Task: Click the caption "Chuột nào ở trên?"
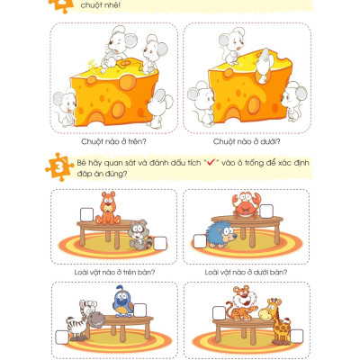113,140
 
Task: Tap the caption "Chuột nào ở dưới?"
247,140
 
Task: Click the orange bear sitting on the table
109,208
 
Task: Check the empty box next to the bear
87,212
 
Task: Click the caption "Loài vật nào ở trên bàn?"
113,271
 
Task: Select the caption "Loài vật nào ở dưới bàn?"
247,271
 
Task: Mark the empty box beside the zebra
61,337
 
